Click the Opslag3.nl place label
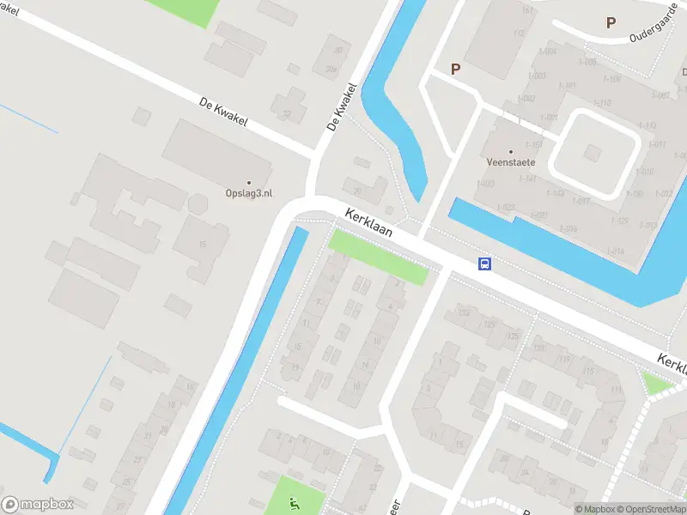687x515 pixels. pyautogui.click(x=249, y=193)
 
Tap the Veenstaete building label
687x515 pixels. pyautogui.click(x=511, y=161)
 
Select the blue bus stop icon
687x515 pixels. pyautogui.click(x=485, y=264)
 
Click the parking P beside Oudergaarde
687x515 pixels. pyautogui.click(x=611, y=23)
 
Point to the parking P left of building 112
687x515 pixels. pyautogui.click(x=456, y=69)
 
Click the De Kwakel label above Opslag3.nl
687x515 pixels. pyautogui.click(x=223, y=112)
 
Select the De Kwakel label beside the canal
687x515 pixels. pyautogui.click(x=341, y=106)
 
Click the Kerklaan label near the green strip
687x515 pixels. pyautogui.click(x=369, y=225)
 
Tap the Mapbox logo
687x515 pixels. pyautogui.click(x=37, y=505)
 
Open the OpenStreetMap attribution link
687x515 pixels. pyautogui.click(x=650, y=509)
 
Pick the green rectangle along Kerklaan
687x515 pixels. pyautogui.click(x=378, y=257)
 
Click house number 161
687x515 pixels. pyautogui.click(x=526, y=10)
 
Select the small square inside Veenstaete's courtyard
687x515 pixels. pyautogui.click(x=592, y=152)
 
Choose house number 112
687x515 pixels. pyautogui.click(x=519, y=33)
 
